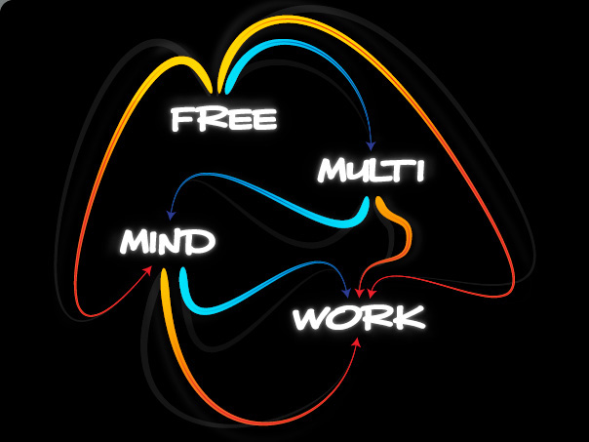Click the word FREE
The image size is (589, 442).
(224, 119)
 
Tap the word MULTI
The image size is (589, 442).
(372, 170)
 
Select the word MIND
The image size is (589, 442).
(168, 241)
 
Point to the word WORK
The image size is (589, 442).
(359, 317)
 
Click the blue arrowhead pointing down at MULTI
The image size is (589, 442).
(372, 145)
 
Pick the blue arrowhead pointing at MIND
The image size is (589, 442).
(171, 215)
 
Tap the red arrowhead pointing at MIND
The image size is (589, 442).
(148, 270)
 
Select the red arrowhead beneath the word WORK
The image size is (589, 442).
(357, 342)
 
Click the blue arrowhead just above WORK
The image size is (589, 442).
(346, 293)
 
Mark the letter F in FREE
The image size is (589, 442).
(181, 119)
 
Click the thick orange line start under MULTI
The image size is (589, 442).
(378, 200)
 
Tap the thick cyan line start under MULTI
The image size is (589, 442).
(367, 201)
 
